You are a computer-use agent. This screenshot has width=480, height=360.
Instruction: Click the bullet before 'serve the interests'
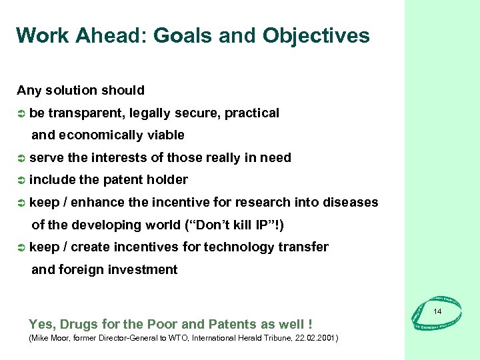21,158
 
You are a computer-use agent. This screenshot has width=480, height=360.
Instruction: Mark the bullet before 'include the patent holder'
21,180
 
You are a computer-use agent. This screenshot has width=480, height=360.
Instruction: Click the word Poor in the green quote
162,325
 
